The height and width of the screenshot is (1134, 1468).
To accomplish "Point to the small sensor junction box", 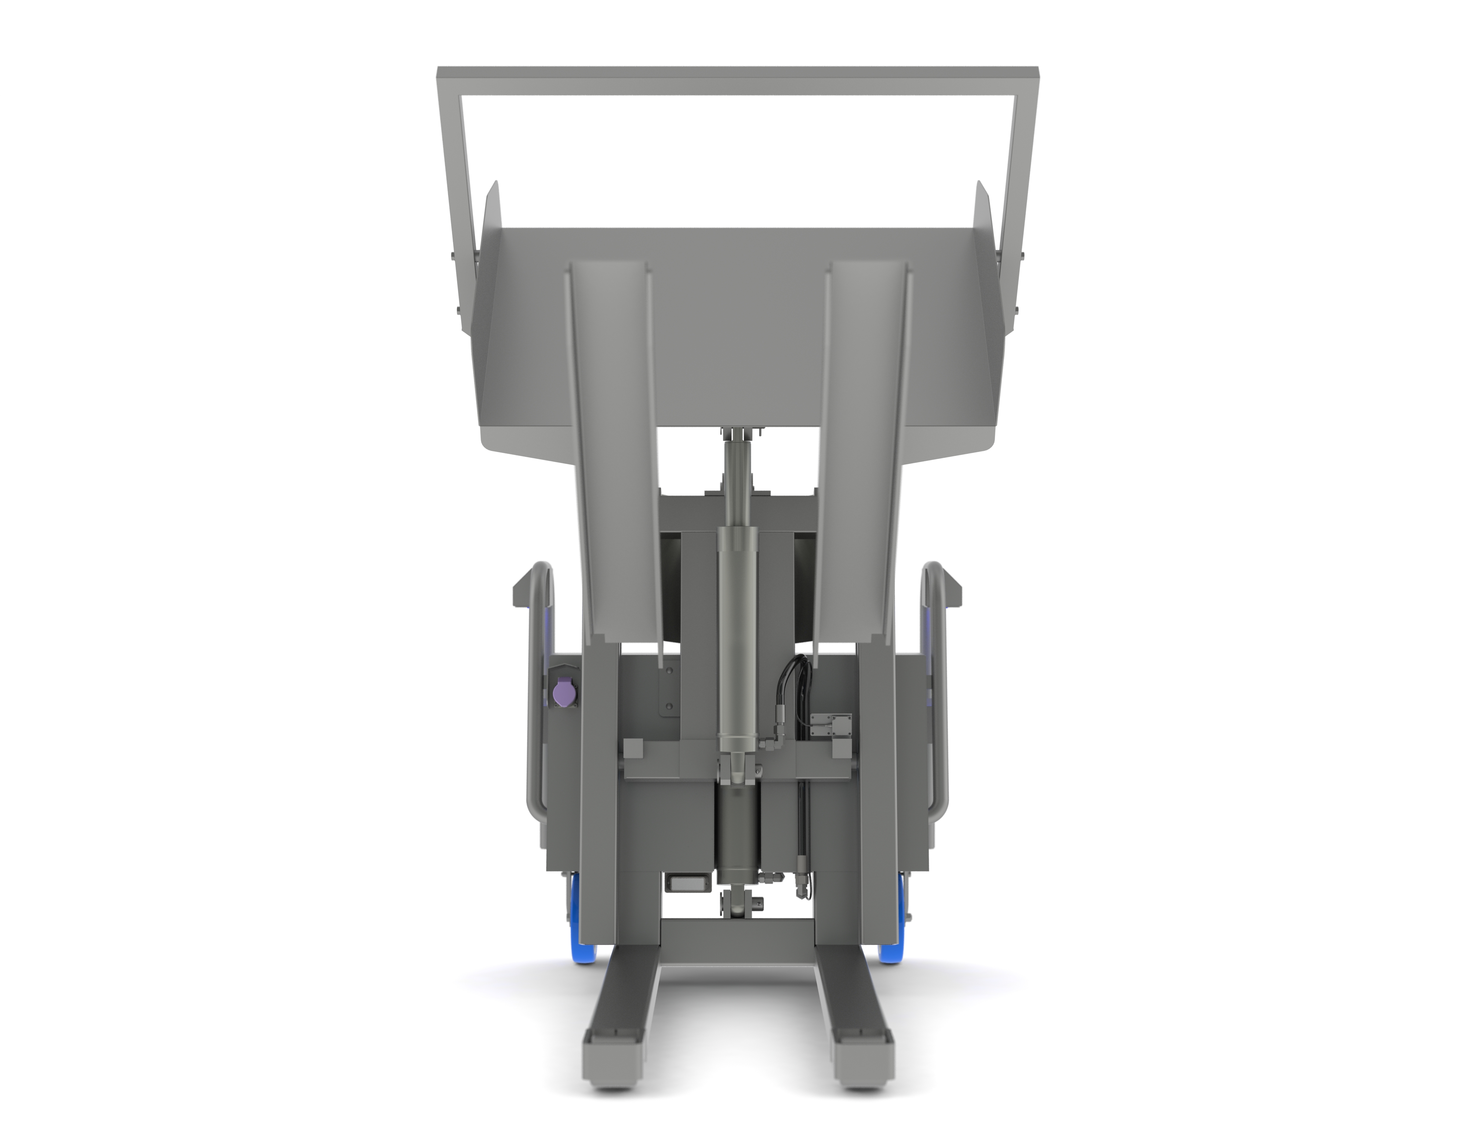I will (832, 726).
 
